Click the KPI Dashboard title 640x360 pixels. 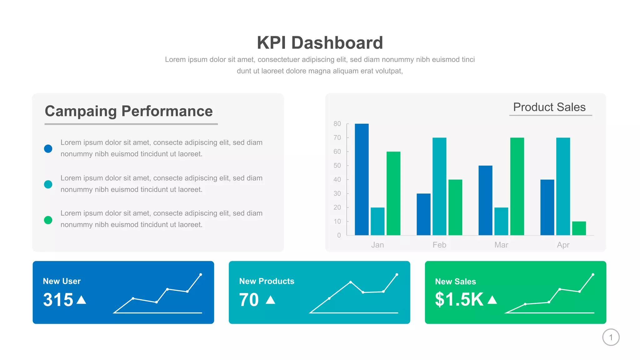(320, 43)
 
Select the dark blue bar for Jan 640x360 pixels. (362, 179)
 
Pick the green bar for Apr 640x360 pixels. (579, 228)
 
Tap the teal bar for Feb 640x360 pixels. (439, 186)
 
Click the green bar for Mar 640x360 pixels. (517, 186)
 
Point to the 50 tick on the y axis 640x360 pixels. (337, 166)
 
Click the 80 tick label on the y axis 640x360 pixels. (337, 124)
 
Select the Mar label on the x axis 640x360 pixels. (501, 245)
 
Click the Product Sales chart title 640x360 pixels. (549, 107)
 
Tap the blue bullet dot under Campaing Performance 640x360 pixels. (48, 149)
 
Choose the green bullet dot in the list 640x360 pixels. (48, 220)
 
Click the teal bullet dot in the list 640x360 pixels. (48, 184)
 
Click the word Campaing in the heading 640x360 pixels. (81, 111)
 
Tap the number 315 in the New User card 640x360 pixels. (58, 300)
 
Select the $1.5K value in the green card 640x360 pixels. (459, 299)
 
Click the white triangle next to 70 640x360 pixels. (270, 300)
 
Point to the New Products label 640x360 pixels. (267, 281)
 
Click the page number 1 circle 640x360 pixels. (611, 337)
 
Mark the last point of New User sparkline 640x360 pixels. (201, 275)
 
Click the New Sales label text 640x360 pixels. (455, 282)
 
